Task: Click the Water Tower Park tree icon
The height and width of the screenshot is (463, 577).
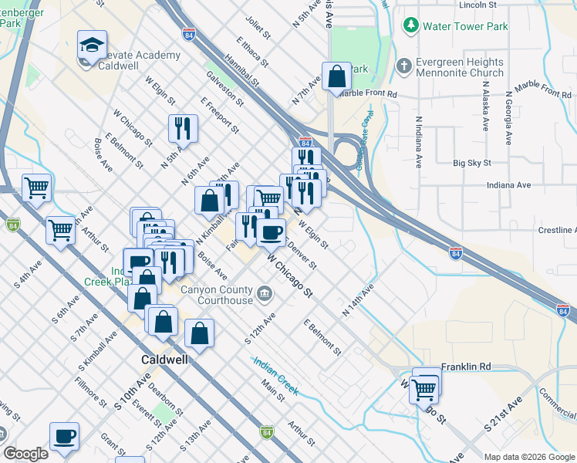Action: click(x=410, y=26)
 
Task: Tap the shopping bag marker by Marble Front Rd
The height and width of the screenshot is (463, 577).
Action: click(x=336, y=76)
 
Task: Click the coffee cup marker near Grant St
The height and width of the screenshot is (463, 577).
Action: click(x=64, y=436)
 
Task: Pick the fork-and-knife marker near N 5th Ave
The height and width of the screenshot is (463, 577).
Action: click(x=183, y=127)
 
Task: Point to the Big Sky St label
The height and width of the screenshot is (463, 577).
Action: click(x=472, y=163)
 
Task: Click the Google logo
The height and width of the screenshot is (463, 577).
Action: click(x=25, y=454)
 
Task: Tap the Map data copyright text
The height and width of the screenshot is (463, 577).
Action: click(x=528, y=456)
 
